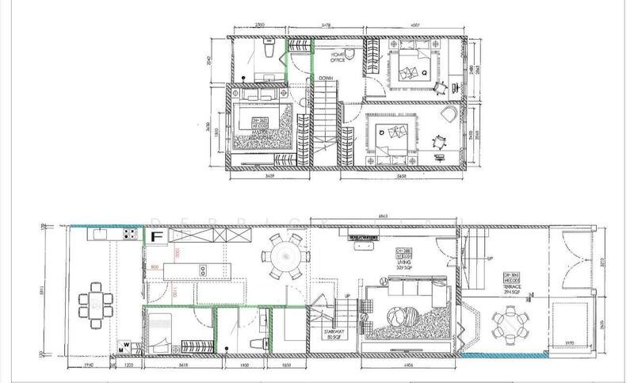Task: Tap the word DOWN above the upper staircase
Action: (325, 79)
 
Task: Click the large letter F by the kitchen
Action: (157, 236)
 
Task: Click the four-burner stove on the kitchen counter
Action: (128, 236)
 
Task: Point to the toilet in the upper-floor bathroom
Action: (268, 52)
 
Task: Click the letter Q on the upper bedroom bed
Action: (425, 72)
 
